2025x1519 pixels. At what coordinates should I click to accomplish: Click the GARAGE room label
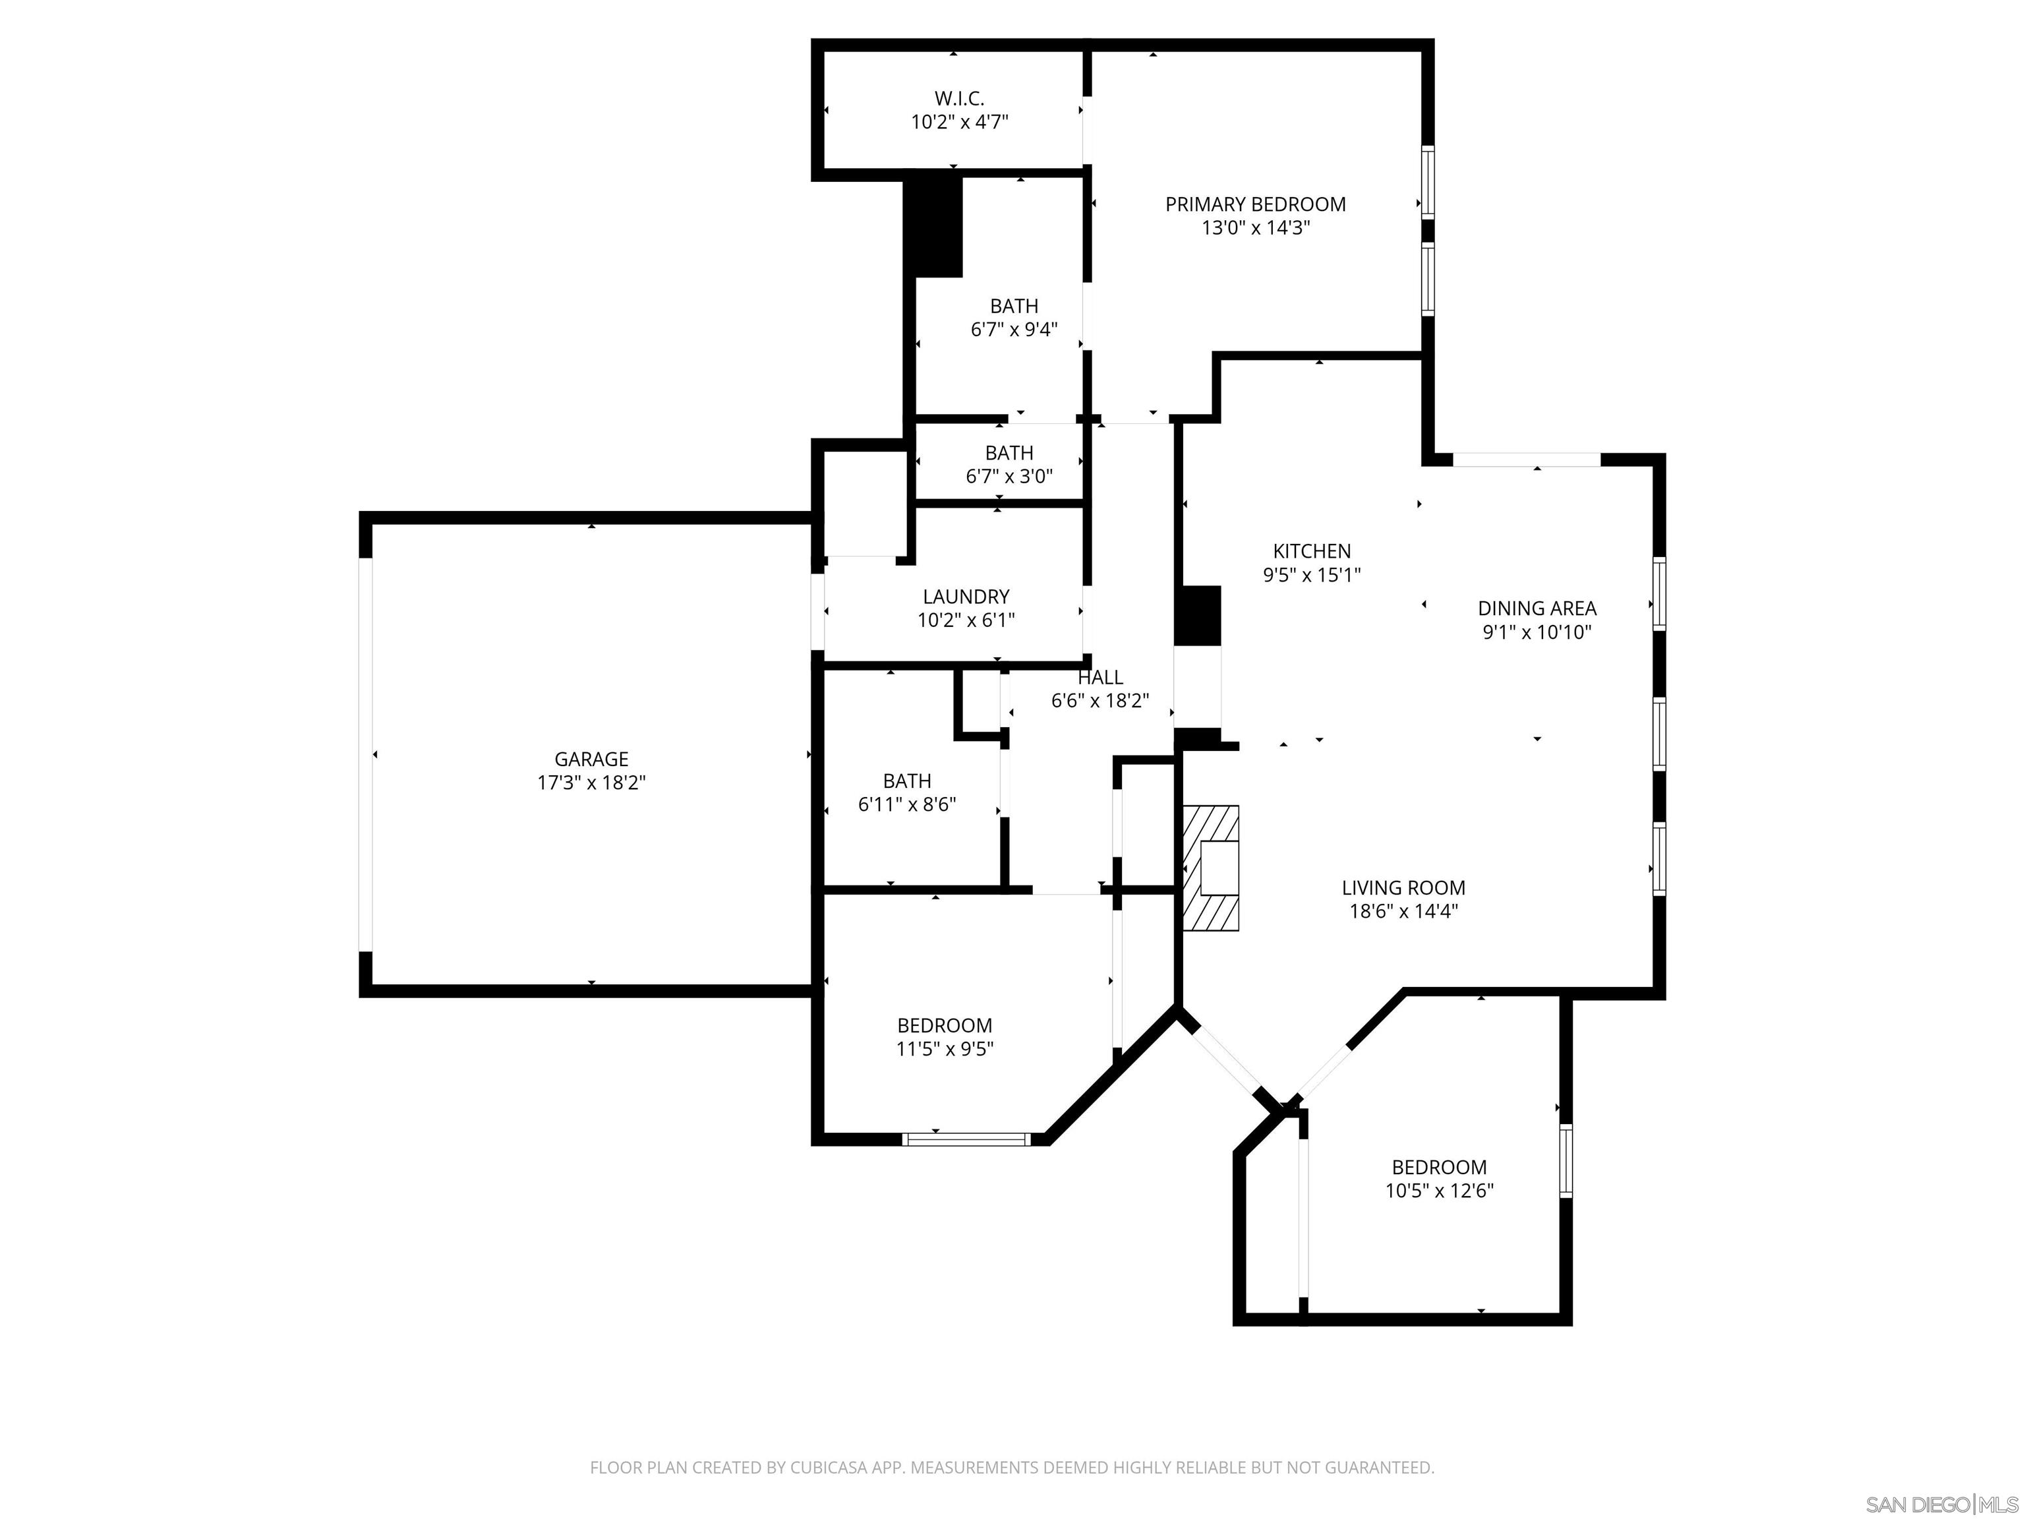tap(591, 759)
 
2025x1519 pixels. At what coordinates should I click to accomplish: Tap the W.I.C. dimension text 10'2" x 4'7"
tap(959, 122)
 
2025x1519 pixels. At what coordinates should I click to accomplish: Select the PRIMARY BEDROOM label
tap(1255, 204)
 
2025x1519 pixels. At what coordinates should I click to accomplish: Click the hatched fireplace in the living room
tap(1210, 868)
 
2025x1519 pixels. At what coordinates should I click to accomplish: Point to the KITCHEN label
tap(1312, 551)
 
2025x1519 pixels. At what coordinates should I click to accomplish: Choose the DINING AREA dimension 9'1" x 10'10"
tap(1537, 632)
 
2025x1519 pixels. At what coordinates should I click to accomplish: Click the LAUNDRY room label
tap(966, 597)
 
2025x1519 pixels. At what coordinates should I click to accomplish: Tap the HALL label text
tap(1100, 678)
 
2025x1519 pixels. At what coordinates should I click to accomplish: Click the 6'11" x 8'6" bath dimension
tap(907, 805)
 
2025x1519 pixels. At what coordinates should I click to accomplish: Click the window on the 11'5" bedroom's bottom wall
tap(966, 1139)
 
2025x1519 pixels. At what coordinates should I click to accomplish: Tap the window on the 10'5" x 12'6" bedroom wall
tap(1566, 1160)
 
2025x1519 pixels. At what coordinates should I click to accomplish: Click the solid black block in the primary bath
tap(934, 226)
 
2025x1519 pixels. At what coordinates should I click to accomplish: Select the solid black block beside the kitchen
tap(1198, 615)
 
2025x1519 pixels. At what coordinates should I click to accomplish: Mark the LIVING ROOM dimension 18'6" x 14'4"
tap(1403, 911)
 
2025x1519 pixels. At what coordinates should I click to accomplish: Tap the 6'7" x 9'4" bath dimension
tap(1014, 330)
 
